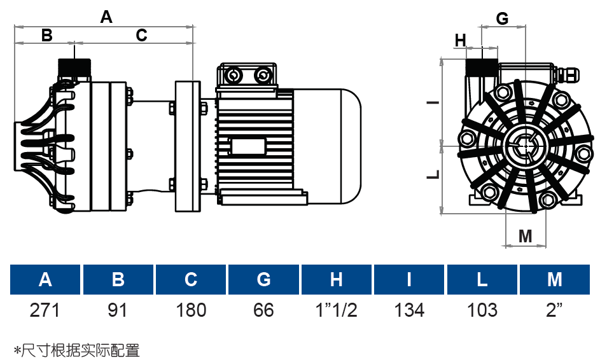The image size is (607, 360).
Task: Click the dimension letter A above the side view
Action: click(106, 17)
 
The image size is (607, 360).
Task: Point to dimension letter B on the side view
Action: click(46, 35)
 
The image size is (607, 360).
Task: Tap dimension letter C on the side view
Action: click(141, 35)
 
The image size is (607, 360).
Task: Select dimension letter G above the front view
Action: click(502, 18)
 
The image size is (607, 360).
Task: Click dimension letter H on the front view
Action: click(461, 41)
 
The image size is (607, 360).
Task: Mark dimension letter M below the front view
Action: click(525, 236)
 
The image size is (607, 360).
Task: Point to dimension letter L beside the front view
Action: click(433, 174)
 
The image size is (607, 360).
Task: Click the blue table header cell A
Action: click(45, 280)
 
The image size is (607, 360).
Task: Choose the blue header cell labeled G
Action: click(263, 280)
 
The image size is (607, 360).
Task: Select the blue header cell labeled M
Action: click(555, 280)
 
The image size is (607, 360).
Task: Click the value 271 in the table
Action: click(45, 310)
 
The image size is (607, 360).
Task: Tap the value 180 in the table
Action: click(191, 310)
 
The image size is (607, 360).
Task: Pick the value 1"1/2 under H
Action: click(336, 310)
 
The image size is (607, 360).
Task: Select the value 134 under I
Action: click(409, 310)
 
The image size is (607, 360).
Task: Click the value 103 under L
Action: click(482, 310)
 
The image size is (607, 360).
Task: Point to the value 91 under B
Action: click(118, 310)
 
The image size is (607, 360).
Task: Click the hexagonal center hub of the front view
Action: click(526, 146)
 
